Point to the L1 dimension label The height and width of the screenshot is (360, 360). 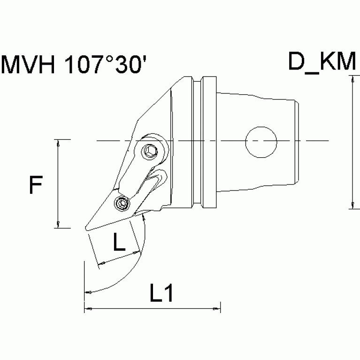tap(161, 294)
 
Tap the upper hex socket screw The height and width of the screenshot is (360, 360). tap(151, 151)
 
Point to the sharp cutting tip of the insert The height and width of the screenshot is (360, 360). tap(85, 229)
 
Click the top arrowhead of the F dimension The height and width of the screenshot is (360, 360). tap(57, 143)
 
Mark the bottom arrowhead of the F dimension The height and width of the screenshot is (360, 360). tap(57, 225)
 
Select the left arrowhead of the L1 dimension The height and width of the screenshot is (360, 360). tap(87, 309)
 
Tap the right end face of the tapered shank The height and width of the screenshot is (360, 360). tap(298, 141)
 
